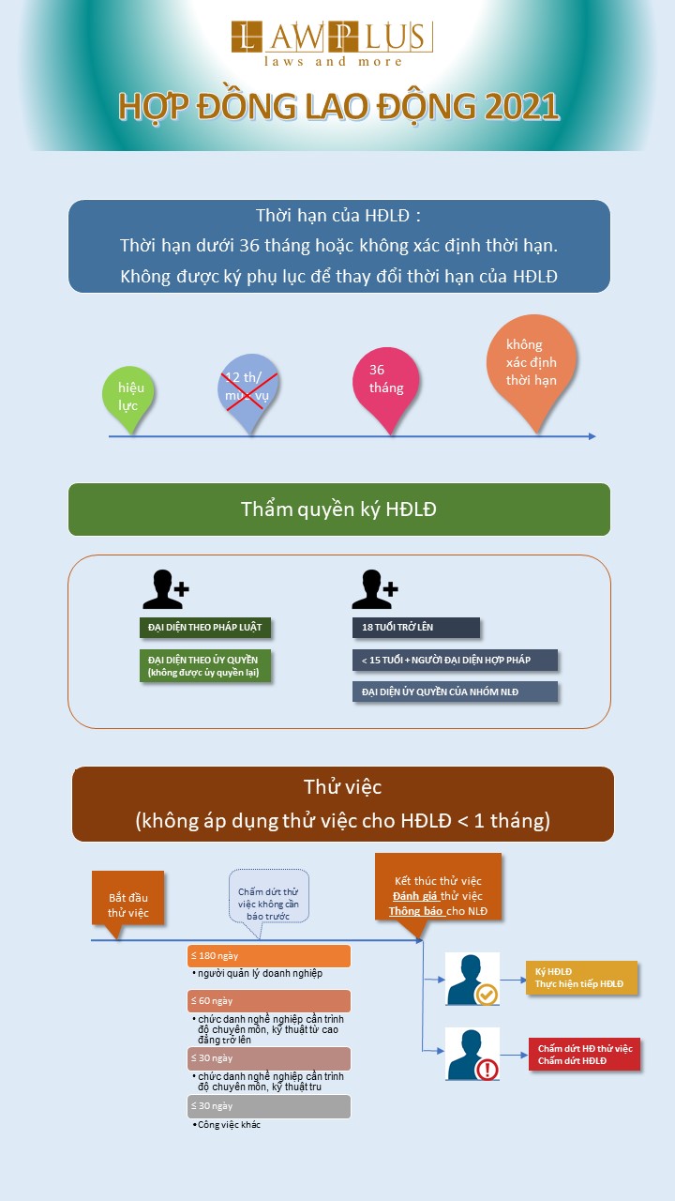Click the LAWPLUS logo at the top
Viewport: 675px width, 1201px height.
[x=332, y=42]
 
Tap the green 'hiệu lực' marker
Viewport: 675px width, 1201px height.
[x=129, y=396]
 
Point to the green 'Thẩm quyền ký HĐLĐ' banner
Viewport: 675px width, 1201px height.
[x=338, y=509]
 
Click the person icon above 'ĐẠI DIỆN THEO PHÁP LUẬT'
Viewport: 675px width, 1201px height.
[x=165, y=589]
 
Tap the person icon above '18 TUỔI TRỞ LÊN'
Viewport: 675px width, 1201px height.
[x=374, y=589]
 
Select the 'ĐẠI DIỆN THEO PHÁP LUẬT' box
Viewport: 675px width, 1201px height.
[x=204, y=627]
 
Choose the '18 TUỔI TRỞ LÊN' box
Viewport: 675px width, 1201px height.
[x=415, y=627]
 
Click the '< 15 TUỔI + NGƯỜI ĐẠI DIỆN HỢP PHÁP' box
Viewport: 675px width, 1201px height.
[x=455, y=660]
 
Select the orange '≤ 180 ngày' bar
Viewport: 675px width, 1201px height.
[x=269, y=955]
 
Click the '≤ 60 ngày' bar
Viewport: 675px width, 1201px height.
[x=269, y=1000]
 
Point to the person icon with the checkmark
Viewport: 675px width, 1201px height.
[x=472, y=980]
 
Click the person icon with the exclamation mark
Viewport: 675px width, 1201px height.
[x=472, y=1054]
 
